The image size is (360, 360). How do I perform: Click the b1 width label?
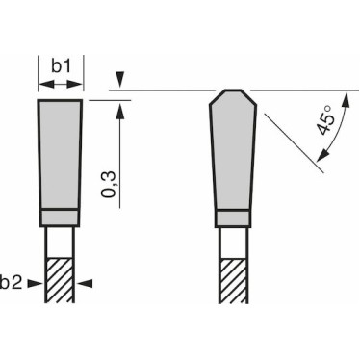click(x=62, y=66)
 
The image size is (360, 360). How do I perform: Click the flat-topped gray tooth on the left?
click(x=61, y=153)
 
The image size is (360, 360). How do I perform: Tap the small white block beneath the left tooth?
click(x=61, y=219)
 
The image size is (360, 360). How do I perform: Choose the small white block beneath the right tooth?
click(x=233, y=219)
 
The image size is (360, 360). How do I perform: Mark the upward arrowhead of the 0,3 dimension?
click(x=118, y=108)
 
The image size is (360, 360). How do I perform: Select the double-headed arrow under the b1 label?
click(x=61, y=85)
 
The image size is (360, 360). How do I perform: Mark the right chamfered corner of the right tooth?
click(x=251, y=95)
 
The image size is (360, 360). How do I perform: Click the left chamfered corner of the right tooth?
click(x=216, y=95)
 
